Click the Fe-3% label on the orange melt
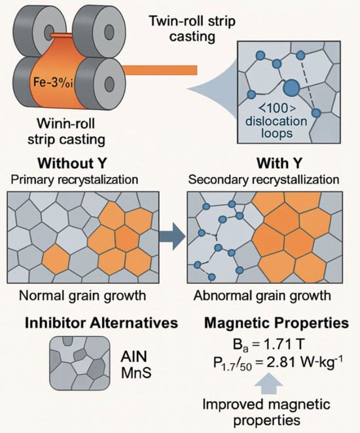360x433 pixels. click(x=53, y=83)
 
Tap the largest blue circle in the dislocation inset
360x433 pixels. click(x=291, y=88)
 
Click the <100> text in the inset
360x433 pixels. click(x=278, y=108)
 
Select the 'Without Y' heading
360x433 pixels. click(x=72, y=163)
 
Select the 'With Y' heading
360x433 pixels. click(x=279, y=163)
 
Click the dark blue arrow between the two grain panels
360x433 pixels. click(x=172, y=236)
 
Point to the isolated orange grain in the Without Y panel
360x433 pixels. click(x=56, y=259)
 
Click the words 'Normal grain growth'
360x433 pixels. click(x=82, y=295)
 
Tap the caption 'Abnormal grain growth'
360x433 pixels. click(x=262, y=295)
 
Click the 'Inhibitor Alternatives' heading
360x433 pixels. click(x=101, y=323)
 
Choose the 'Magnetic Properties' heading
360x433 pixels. click(x=276, y=323)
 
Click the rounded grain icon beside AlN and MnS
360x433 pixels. click(x=80, y=363)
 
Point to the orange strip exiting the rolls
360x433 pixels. click(x=160, y=70)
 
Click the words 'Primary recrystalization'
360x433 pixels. click(x=74, y=179)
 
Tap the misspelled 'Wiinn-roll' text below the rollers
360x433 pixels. click(x=66, y=123)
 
